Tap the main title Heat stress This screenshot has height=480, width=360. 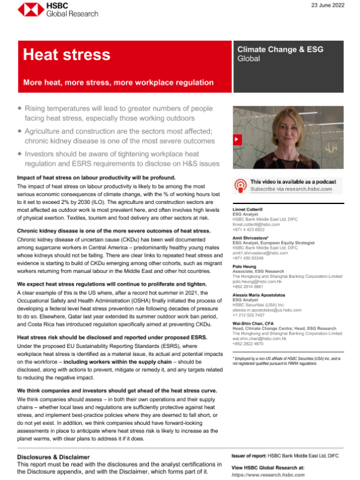pyautogui.click(x=66, y=55)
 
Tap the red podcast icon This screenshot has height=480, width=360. pyautogui.click(x=240, y=185)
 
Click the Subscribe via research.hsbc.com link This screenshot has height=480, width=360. pyautogui.click(x=291, y=189)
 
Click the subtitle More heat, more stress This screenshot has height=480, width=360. pyautogui.click(x=118, y=82)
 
